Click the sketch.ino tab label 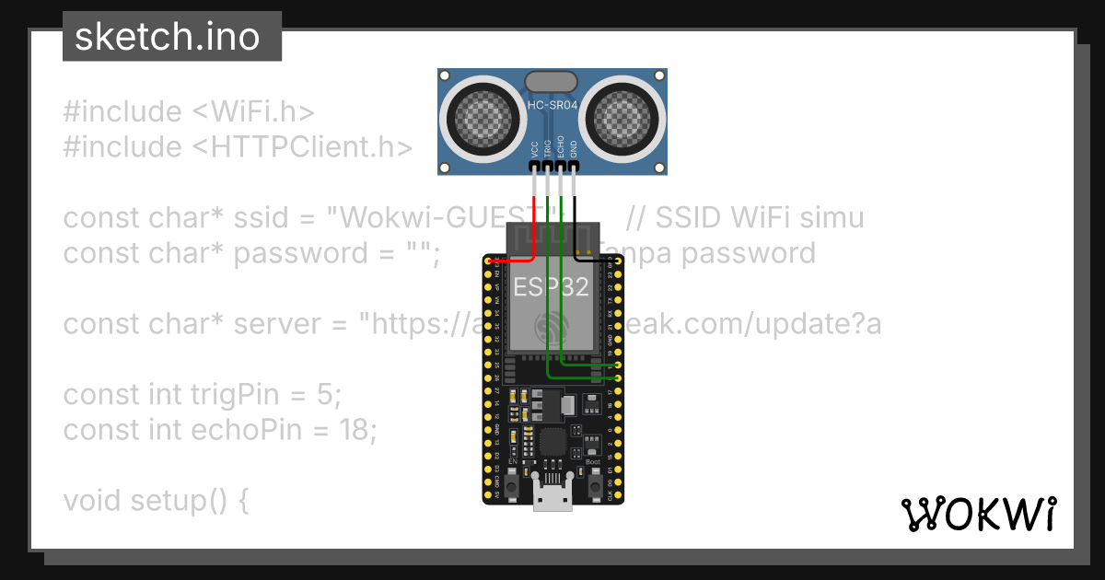(x=167, y=37)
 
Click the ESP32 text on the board (x=551, y=286)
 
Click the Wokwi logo (x=978, y=515)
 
